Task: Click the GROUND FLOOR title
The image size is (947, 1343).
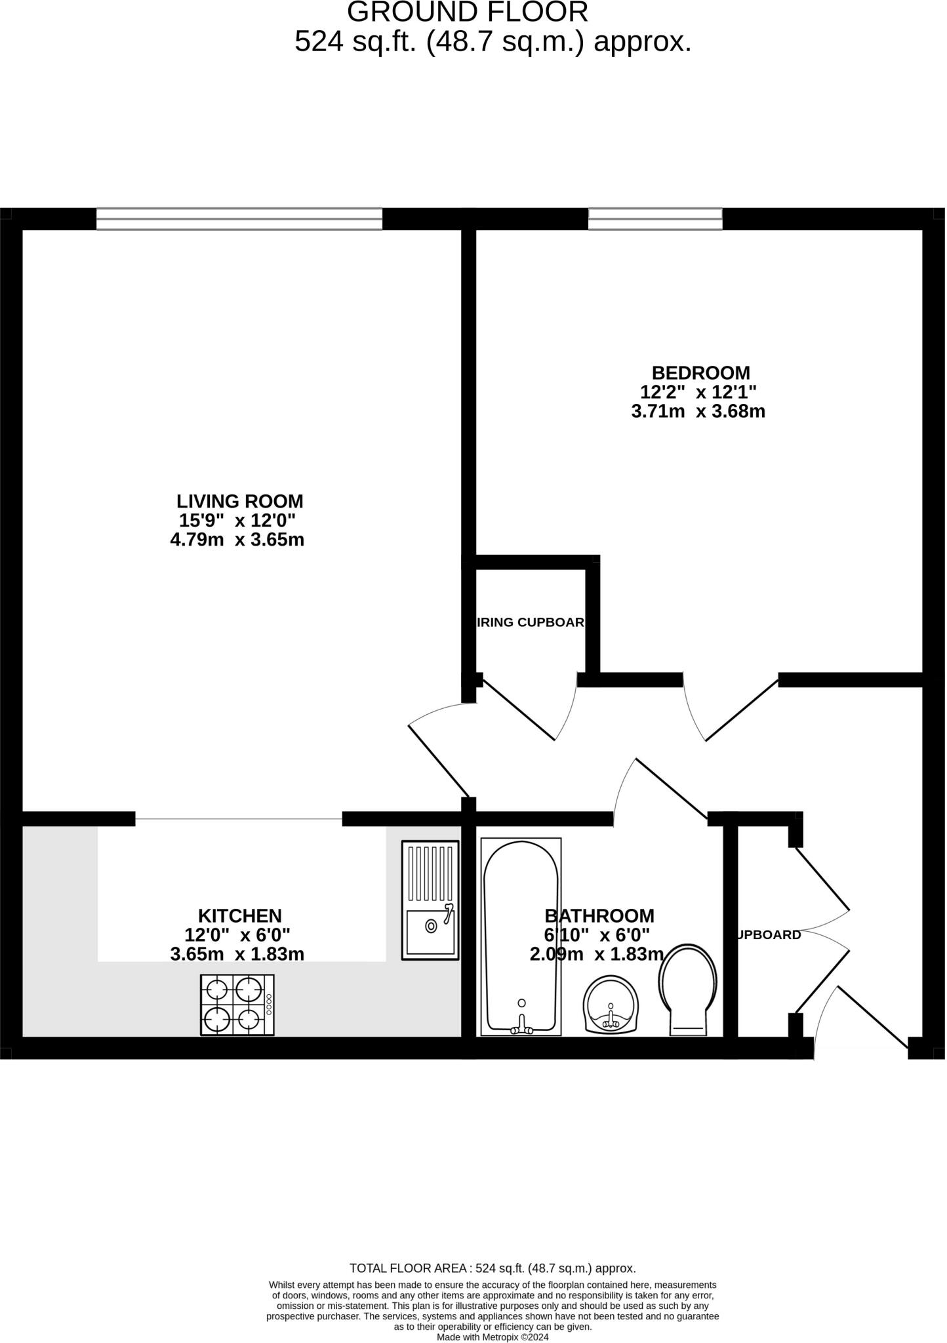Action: (x=467, y=12)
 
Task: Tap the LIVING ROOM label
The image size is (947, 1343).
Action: (x=240, y=502)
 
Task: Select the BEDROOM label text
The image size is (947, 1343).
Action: (x=700, y=373)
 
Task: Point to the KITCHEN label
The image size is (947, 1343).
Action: (x=240, y=916)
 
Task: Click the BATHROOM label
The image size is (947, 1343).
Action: (x=599, y=916)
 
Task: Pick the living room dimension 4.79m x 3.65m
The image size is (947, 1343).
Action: (x=237, y=540)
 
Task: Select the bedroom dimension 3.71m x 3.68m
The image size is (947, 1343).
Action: (x=698, y=412)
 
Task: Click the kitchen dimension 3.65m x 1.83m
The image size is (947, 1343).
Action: (x=237, y=954)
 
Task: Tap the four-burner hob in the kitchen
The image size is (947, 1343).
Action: (x=237, y=1005)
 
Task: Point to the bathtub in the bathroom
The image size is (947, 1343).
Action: (x=521, y=938)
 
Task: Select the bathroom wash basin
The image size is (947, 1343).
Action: (x=611, y=1003)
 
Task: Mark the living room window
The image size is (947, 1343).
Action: (x=239, y=219)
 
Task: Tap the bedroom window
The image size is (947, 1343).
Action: (x=655, y=219)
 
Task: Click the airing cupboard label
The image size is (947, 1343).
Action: (x=531, y=622)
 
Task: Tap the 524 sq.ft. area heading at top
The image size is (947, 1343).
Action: (x=493, y=42)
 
